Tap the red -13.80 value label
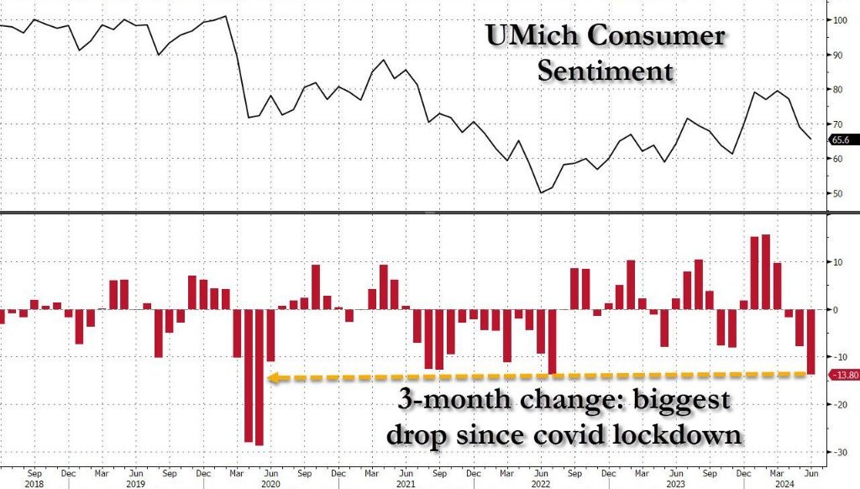843,376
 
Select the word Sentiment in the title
605,71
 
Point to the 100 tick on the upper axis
838,18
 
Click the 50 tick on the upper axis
837,194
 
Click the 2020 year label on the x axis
269,485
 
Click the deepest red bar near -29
260,377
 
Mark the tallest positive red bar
765,272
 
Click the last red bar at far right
811,341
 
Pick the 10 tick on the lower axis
837,262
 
